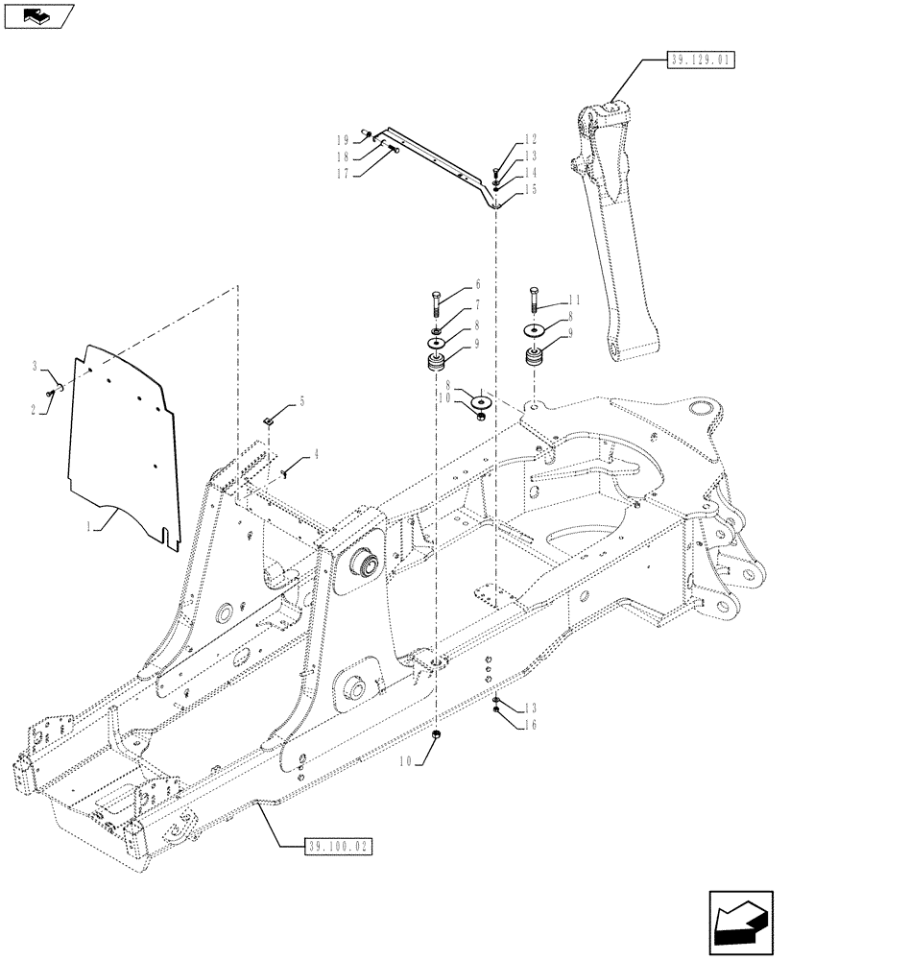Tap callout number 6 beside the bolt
coord(477,285)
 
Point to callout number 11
coord(574,300)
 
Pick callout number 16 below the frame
coord(530,725)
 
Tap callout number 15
coord(530,190)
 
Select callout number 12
coord(530,139)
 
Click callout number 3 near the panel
coord(36,366)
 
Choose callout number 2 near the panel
coord(36,409)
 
